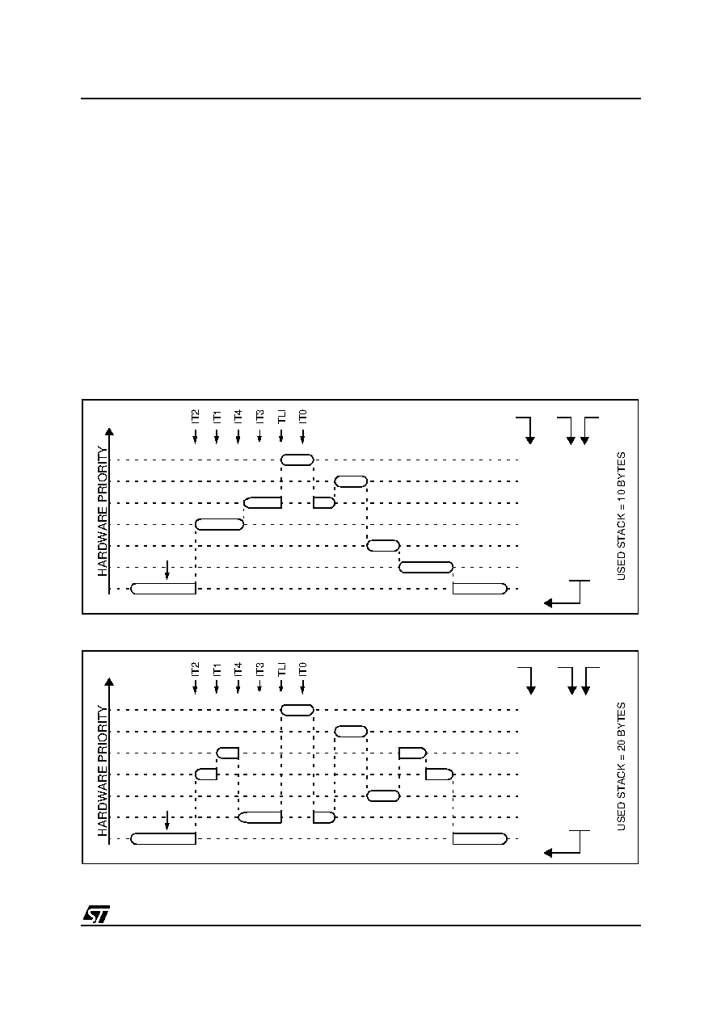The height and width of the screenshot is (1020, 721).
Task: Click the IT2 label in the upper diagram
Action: (195, 417)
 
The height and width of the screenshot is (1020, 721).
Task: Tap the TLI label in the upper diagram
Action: (281, 417)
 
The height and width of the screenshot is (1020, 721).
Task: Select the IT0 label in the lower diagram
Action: (302, 670)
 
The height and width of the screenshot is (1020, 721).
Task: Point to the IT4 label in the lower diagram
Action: (238, 670)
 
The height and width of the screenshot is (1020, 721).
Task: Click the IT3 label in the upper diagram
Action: (259, 417)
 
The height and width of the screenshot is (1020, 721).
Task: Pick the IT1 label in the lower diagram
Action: (217, 670)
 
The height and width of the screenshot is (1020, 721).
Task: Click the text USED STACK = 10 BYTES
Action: (621, 516)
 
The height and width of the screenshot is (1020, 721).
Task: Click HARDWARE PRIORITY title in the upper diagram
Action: (103, 511)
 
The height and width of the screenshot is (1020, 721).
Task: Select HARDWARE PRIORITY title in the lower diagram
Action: (103, 771)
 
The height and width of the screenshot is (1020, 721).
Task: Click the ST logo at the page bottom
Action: (96, 914)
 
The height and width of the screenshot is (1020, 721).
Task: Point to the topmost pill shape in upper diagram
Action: (297, 460)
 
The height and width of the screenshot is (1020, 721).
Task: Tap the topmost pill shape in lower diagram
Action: (297, 710)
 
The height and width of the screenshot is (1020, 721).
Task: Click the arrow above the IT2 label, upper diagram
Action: (195, 435)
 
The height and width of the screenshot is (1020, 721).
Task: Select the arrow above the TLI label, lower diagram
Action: (281, 686)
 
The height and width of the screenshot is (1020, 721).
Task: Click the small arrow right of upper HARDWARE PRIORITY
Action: (167, 570)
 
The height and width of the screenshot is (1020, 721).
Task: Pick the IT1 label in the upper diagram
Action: (217, 417)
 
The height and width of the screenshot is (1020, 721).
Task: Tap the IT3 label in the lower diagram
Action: (259, 670)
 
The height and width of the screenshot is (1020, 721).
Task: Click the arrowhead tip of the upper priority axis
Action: (109, 428)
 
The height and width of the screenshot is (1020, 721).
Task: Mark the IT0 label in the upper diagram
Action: (302, 417)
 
